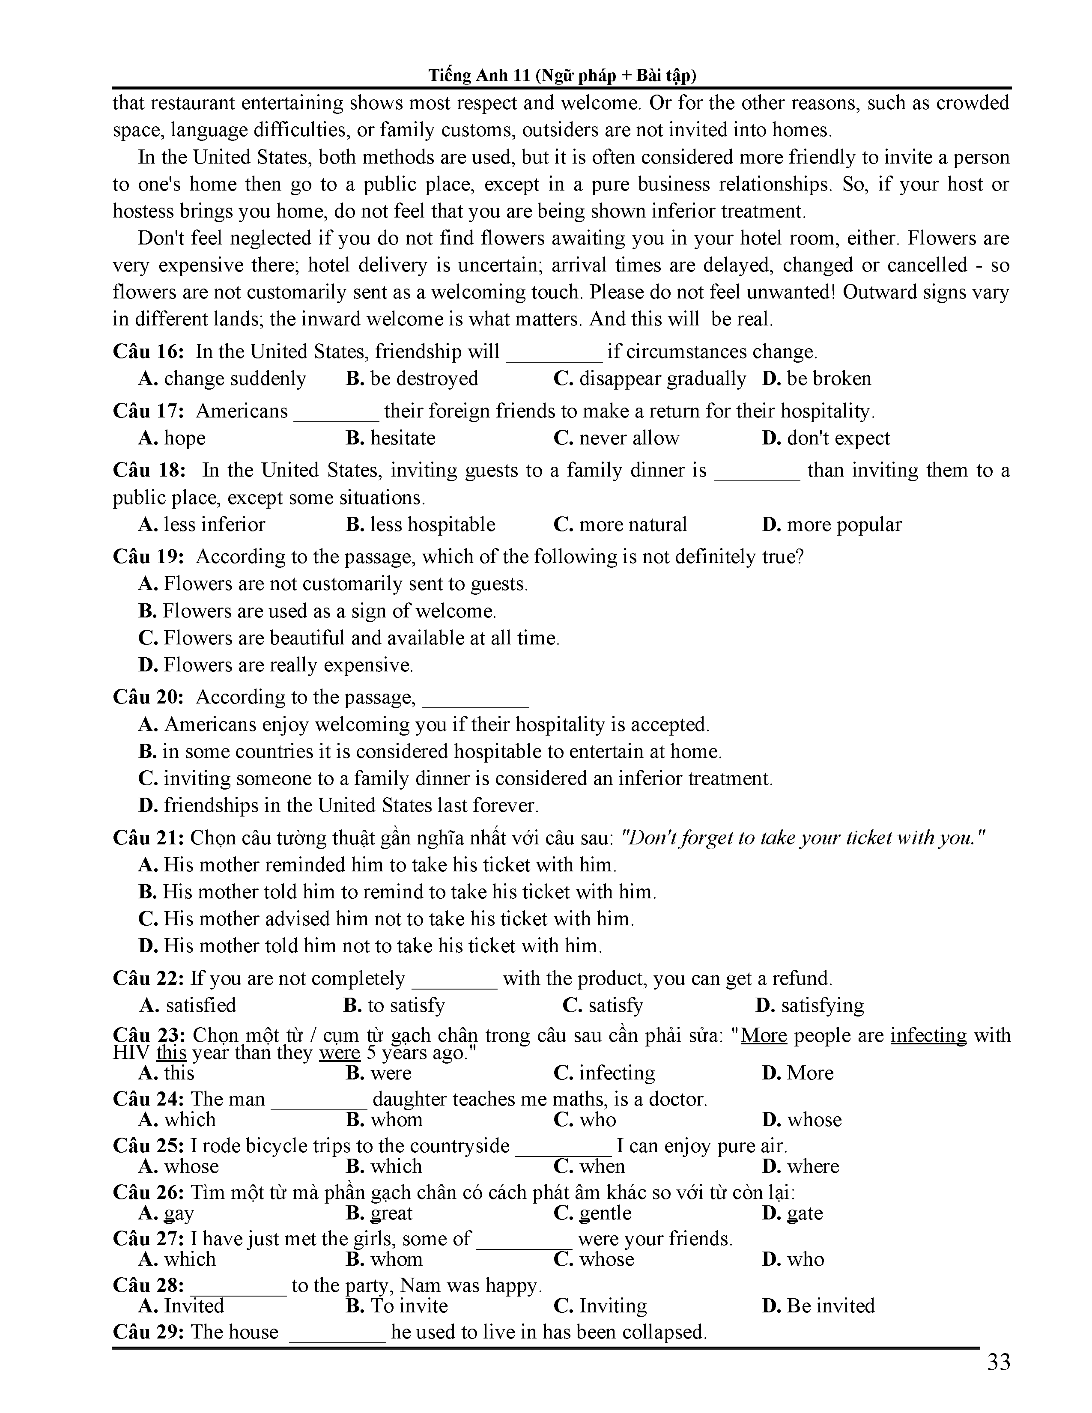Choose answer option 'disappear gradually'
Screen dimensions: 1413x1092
point(662,379)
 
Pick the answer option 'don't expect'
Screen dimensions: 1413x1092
point(838,438)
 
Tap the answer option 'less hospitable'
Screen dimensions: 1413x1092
point(432,524)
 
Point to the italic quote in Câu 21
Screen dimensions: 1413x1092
point(802,838)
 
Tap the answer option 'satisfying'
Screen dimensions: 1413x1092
point(822,1005)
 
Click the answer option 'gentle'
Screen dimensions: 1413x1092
point(604,1213)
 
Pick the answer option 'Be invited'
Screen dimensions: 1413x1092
point(830,1305)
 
